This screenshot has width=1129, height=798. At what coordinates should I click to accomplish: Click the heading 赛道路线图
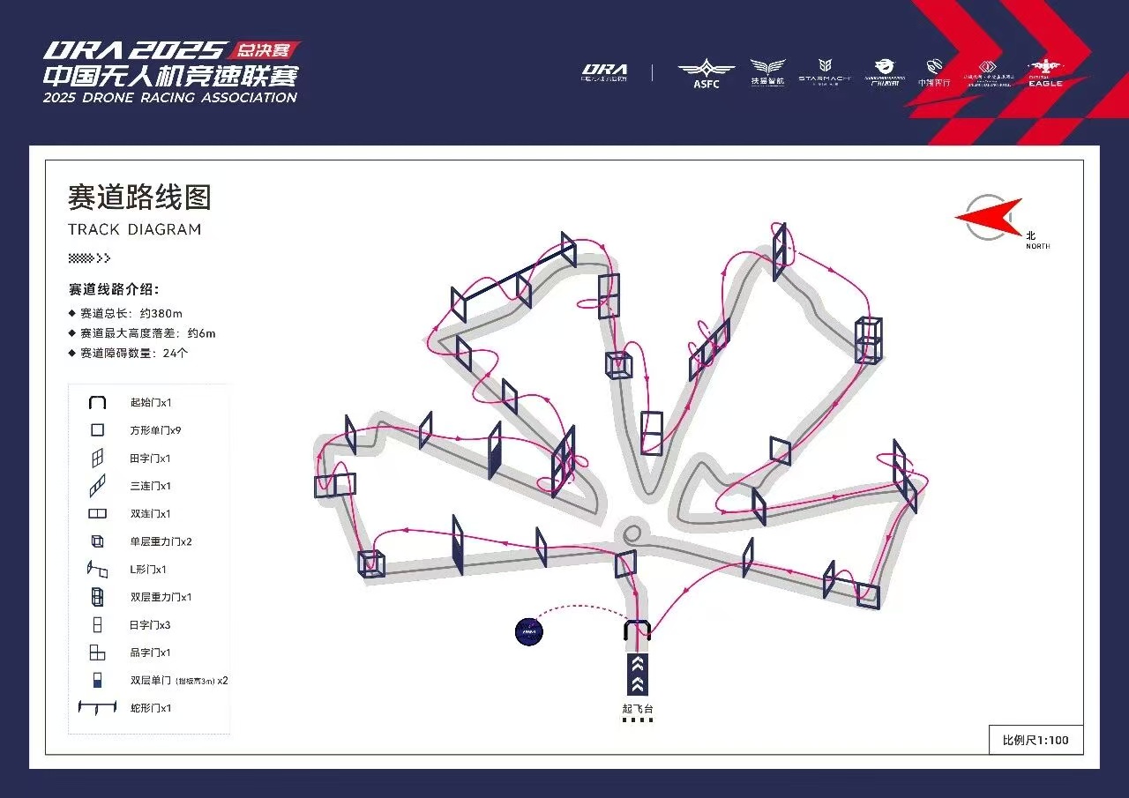[x=139, y=198]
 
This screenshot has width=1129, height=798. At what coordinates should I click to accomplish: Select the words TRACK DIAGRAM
[x=134, y=230]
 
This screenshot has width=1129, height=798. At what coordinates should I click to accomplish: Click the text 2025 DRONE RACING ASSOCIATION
[x=170, y=98]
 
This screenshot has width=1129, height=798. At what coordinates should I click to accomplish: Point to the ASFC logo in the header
[x=706, y=72]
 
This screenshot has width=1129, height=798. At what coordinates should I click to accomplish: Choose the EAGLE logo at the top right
[x=1045, y=73]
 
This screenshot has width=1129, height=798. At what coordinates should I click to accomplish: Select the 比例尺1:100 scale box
[x=1036, y=740]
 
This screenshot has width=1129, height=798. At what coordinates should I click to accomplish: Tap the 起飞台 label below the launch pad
[x=638, y=708]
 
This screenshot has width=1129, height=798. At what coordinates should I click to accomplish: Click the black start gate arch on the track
[x=638, y=630]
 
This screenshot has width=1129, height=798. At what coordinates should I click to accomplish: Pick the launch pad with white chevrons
[x=638, y=675]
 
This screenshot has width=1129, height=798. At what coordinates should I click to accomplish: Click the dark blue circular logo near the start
[x=528, y=630]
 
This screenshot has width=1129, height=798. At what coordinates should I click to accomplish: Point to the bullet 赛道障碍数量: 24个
[x=134, y=354]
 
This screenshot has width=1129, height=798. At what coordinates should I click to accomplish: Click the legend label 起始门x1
[x=151, y=403]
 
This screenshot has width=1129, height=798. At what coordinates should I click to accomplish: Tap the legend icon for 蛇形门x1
[x=97, y=708]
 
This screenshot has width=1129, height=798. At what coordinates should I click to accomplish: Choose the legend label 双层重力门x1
[x=161, y=598]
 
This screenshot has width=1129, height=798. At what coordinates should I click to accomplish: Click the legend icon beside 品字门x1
[x=97, y=653]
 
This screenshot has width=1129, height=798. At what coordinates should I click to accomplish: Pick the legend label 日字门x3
[x=151, y=625]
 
